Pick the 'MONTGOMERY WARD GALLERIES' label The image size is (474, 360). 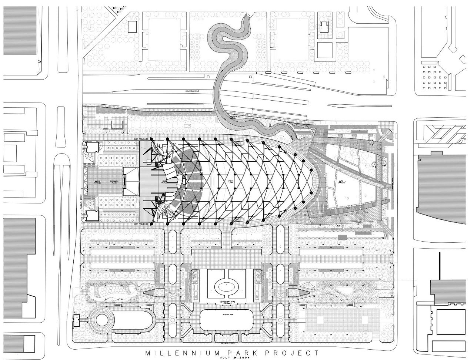pyautogui.click(x=226, y=303)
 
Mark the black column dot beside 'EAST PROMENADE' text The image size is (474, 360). pyautogui.click(x=151, y=139)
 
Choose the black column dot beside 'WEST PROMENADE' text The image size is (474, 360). pyautogui.click(x=151, y=224)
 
